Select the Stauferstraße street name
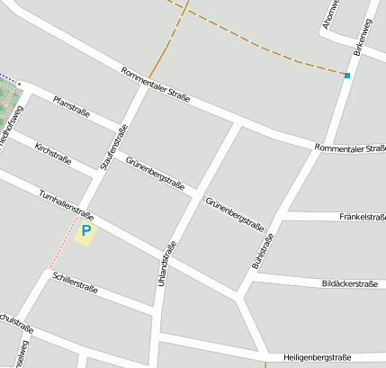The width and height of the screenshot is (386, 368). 114,148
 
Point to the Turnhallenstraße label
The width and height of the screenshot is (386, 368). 67,206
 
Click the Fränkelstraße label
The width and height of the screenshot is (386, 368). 363,217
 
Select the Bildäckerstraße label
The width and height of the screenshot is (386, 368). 349,283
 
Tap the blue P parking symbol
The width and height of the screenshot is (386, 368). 86,233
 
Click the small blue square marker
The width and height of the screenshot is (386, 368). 346,76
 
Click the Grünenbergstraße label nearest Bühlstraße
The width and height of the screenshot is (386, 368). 234,213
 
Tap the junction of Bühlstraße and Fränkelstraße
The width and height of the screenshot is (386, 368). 280,217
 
